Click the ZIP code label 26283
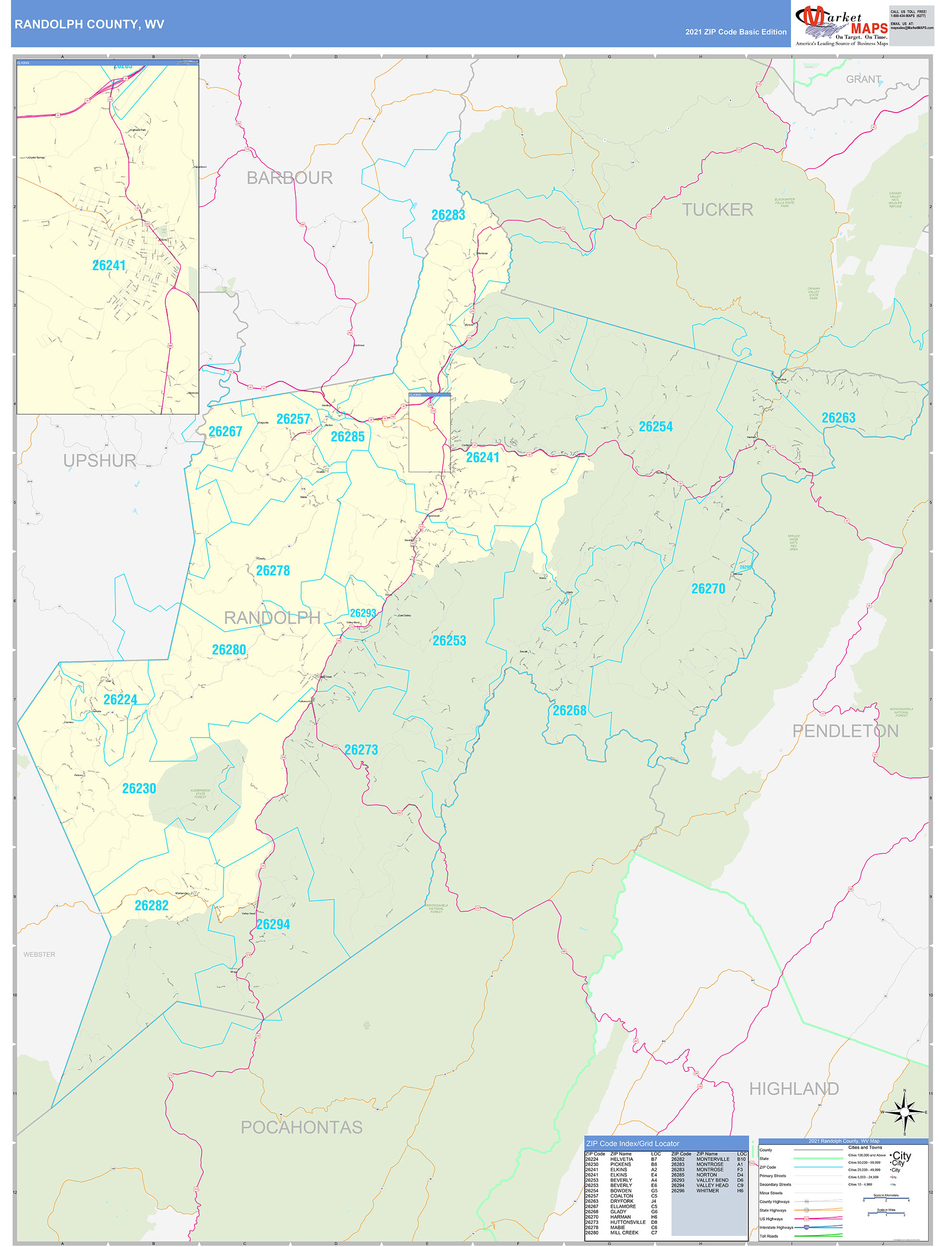(x=448, y=215)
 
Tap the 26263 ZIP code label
(x=838, y=418)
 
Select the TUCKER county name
(x=718, y=210)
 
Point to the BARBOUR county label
(x=290, y=177)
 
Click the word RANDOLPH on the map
(x=272, y=618)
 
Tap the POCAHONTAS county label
(x=302, y=1127)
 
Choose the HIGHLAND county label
(x=793, y=1089)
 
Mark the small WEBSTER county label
(x=39, y=954)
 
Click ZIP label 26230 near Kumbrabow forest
(x=139, y=788)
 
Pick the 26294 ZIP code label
(x=273, y=925)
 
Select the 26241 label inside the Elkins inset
(x=109, y=266)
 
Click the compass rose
(x=905, y=1112)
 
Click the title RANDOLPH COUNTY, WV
(x=89, y=24)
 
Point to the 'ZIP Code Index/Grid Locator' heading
(x=632, y=1143)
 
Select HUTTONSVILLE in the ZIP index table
(x=628, y=1222)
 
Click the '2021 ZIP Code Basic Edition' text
(x=735, y=32)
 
